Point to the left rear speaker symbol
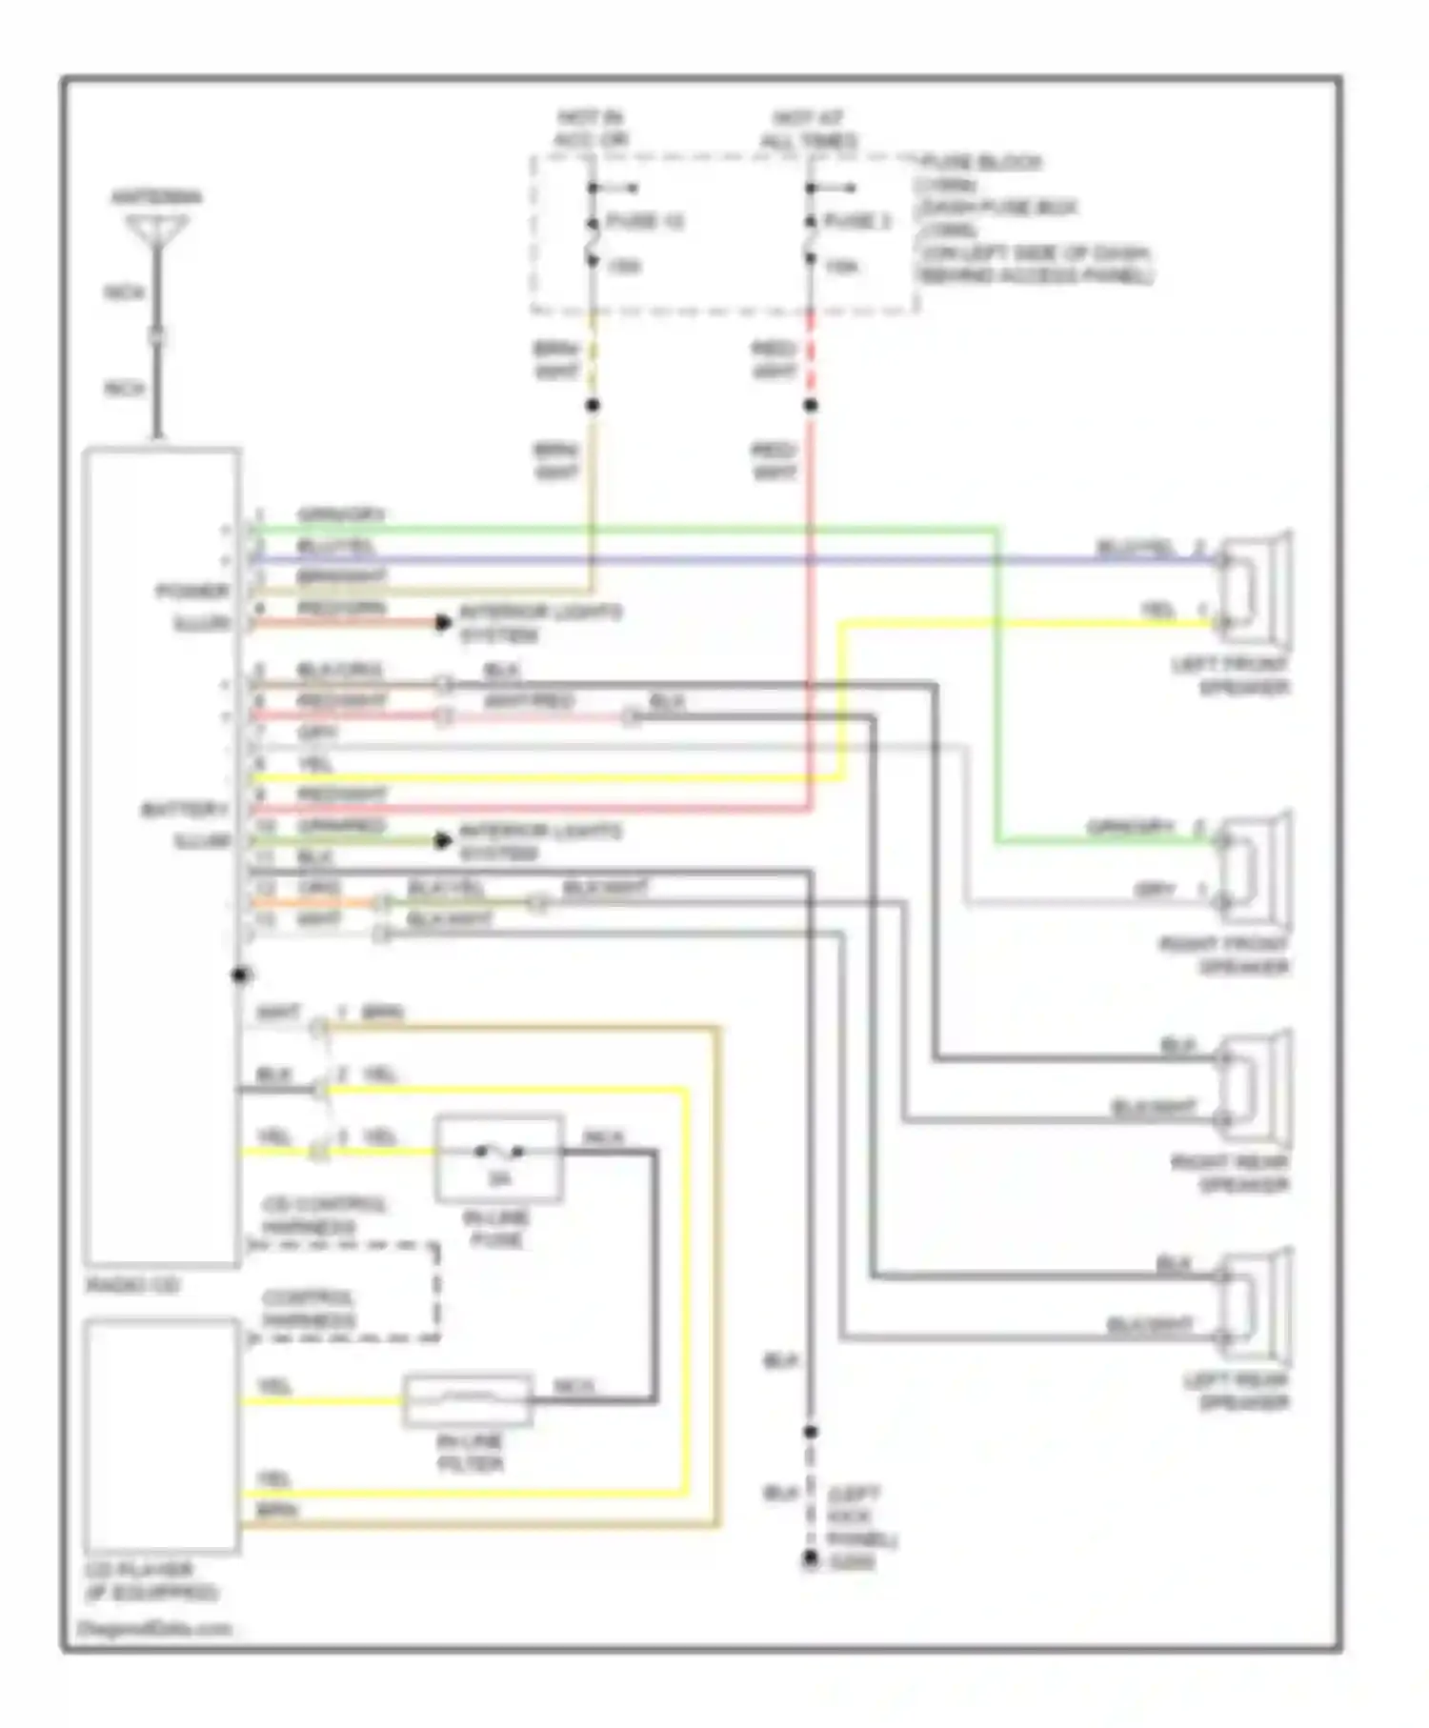(1257, 1304)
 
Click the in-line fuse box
(499, 1158)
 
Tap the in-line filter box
(467, 1399)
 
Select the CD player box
(161, 1435)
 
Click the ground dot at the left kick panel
(810, 1559)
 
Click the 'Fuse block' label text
(981, 163)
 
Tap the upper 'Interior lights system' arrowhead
(443, 623)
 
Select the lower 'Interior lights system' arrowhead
(443, 841)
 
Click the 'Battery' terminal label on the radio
(185, 811)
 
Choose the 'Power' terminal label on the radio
(192, 592)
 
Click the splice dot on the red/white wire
(810, 406)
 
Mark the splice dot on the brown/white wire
(592, 406)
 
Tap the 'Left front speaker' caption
(1231, 675)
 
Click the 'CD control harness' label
(324, 1216)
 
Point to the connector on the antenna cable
(158, 337)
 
